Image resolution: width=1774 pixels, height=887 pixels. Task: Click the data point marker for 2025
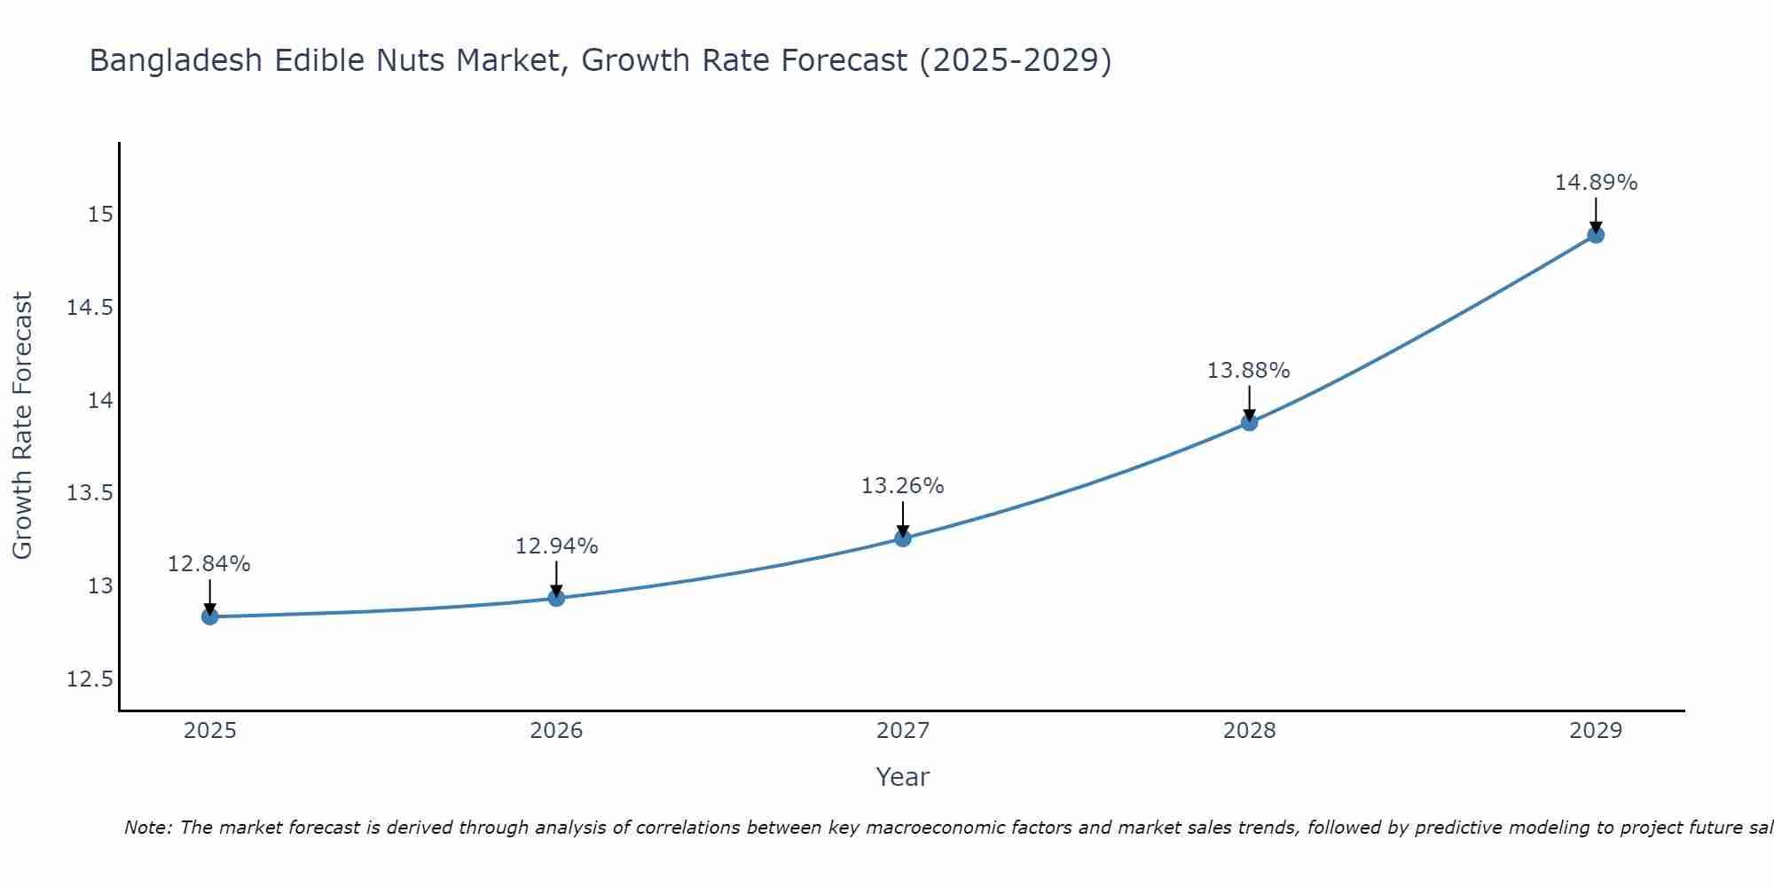click(210, 616)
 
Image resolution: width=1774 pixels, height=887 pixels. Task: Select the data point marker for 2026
click(556, 598)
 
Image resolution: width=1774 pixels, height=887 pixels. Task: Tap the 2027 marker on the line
click(903, 538)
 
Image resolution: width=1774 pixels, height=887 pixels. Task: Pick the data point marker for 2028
click(1249, 423)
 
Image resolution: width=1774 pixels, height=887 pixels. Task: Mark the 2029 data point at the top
click(1596, 235)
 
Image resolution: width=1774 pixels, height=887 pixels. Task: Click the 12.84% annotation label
click(209, 564)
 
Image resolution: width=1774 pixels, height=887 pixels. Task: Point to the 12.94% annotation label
click(556, 546)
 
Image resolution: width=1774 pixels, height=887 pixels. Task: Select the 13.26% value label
click(903, 486)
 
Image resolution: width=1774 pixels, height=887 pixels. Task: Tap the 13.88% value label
click(1248, 371)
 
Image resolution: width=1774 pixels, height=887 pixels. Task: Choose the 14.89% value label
click(1596, 183)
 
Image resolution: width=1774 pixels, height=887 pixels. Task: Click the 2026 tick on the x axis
click(556, 731)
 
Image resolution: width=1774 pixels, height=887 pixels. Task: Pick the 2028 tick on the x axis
click(1249, 731)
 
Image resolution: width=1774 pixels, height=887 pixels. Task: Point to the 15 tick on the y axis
click(100, 215)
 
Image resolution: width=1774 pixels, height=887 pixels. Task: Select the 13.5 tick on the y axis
click(90, 493)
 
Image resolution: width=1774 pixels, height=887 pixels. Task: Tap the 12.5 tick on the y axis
click(90, 679)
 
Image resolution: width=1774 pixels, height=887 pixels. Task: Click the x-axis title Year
click(902, 777)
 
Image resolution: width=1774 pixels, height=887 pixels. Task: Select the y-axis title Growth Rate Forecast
click(22, 426)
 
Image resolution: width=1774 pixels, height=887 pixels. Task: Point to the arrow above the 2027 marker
click(903, 519)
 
